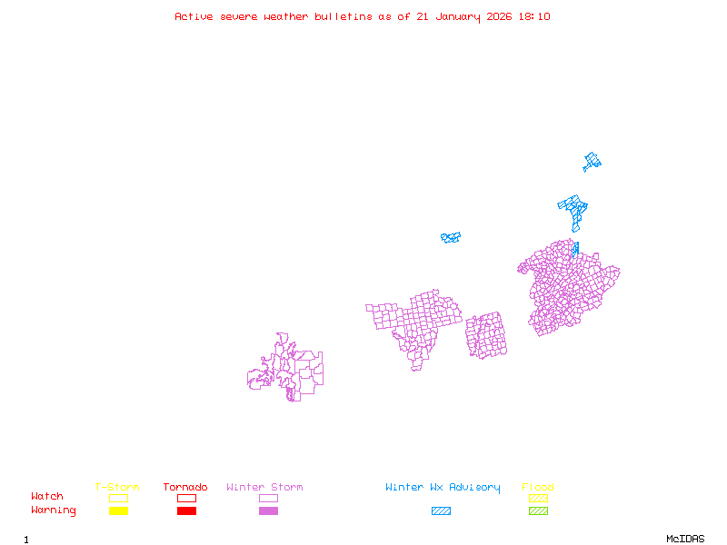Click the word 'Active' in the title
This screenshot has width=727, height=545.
[x=194, y=16]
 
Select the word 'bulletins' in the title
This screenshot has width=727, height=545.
[x=344, y=16]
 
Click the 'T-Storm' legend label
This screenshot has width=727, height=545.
[x=117, y=488]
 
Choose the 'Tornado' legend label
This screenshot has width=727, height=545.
[x=185, y=488]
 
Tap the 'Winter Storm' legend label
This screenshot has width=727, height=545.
[x=264, y=488]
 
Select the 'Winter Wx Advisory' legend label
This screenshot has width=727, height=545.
[x=443, y=488]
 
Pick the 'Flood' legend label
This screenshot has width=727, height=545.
[x=538, y=488]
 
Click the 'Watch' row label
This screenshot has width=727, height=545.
[x=47, y=497]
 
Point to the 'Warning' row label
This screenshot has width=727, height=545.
[x=54, y=510]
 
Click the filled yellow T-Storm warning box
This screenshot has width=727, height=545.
[x=118, y=510]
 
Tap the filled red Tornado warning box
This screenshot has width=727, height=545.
[x=186, y=510]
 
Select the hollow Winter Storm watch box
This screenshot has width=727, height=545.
[x=268, y=498]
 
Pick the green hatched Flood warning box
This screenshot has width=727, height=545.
[x=538, y=510]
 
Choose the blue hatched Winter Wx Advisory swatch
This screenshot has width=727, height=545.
[x=441, y=510]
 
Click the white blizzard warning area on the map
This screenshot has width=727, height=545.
[x=436, y=242]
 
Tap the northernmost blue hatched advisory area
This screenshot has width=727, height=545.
[x=593, y=162]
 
